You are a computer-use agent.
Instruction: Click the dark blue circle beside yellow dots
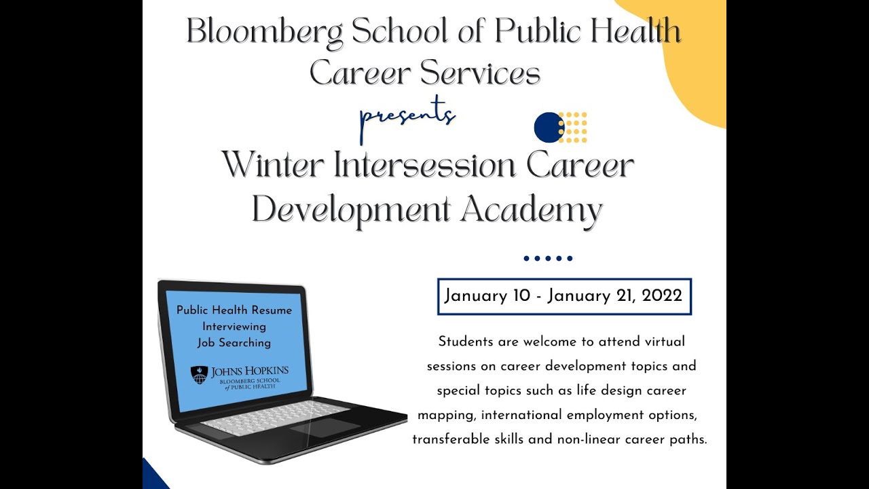coord(549,127)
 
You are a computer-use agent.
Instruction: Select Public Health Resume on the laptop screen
coord(234,310)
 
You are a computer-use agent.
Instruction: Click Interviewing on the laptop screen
coord(234,327)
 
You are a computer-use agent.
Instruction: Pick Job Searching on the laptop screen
coord(234,343)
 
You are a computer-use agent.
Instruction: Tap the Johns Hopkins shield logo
coord(198,375)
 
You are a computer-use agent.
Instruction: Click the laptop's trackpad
coord(325,427)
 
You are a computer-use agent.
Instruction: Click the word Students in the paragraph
coord(465,342)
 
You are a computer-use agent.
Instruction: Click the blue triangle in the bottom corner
coord(152,477)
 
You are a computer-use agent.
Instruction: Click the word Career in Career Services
coord(360,73)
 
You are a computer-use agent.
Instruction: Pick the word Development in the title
coord(352,209)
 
